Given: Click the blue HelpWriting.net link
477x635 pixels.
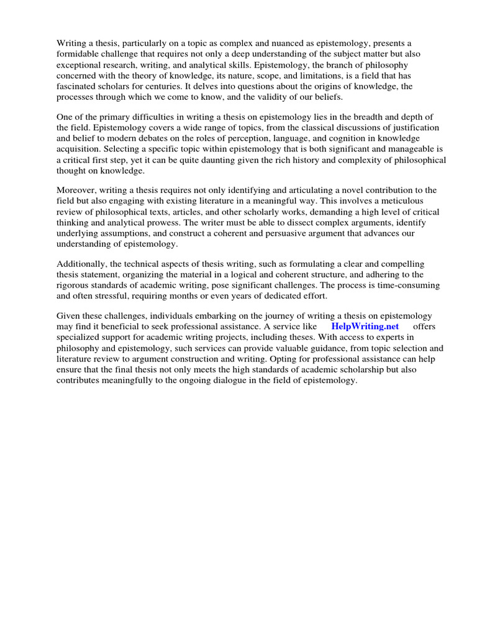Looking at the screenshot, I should coord(365,326).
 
